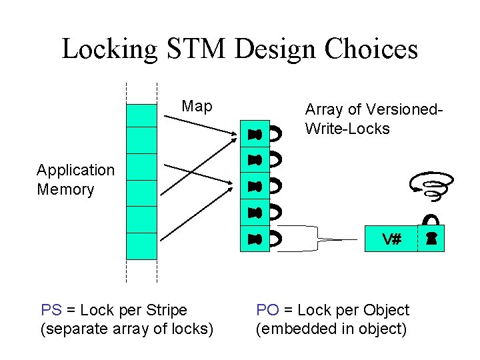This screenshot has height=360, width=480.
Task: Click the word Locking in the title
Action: point(109,49)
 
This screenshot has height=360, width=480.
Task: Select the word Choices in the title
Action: point(373,49)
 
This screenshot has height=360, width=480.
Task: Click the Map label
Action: point(197,107)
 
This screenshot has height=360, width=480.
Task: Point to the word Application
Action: point(75,170)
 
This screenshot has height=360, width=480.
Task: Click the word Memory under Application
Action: point(65,189)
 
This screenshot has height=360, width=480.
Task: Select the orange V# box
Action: point(391,239)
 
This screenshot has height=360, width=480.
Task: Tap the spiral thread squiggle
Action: point(433,185)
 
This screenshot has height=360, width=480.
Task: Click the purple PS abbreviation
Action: point(51,310)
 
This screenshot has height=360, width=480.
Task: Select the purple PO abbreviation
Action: point(267,310)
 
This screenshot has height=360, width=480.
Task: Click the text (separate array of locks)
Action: point(127,329)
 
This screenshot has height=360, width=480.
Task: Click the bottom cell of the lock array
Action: point(255,239)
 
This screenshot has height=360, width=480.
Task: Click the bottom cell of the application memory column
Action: point(141,245)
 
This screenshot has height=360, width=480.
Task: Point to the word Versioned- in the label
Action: point(407,109)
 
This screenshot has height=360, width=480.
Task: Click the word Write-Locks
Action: point(347,129)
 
